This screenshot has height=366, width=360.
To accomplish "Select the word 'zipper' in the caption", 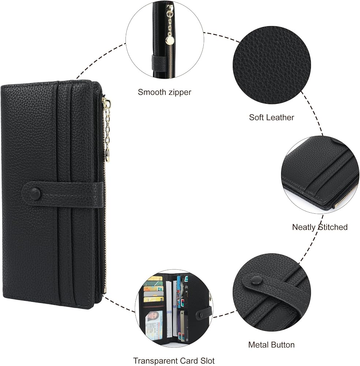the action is coord(180,93).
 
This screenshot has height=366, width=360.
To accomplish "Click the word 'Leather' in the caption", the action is coord(281,117).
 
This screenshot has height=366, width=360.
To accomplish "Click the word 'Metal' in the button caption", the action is coord(258,344).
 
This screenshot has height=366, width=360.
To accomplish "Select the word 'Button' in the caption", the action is coord(282,344).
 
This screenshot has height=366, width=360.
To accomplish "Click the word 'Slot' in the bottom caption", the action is coord(207,361).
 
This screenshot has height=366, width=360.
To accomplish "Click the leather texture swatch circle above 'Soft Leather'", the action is coord(271,65).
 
